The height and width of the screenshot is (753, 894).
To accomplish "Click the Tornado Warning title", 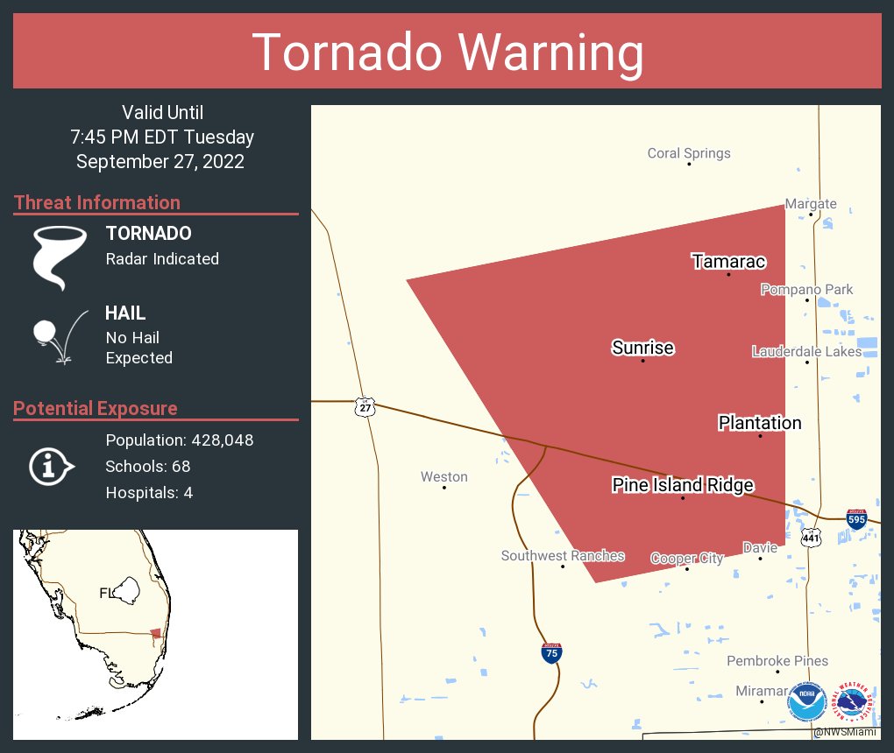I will pos(447,52).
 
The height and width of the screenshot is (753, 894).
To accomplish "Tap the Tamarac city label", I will pos(728,262).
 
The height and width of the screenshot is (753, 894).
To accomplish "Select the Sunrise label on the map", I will pos(642,348).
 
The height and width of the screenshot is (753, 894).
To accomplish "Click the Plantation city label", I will pos(759,423).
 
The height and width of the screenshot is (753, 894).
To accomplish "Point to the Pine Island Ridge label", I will pos(682,485).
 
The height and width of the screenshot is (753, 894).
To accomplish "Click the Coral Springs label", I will pos(688,153).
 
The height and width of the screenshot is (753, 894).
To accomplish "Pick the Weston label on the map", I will pos(443,477).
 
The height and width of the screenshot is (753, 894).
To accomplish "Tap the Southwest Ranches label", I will pos(562,556).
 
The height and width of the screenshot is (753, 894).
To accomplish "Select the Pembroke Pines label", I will pos(777,661).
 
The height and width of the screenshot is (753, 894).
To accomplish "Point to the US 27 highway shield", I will pos(365,407).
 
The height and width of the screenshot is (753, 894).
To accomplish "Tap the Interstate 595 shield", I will pos(857,519).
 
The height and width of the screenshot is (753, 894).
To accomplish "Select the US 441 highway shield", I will pos(812,536).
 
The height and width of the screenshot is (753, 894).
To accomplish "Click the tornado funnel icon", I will pos(60,257).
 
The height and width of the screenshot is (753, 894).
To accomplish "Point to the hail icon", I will pos(57,336).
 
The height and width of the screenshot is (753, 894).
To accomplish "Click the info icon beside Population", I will pos(51,467).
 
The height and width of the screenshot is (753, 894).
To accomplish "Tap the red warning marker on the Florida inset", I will pos(155,633).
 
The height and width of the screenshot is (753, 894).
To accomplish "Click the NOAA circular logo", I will pos(806,702).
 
